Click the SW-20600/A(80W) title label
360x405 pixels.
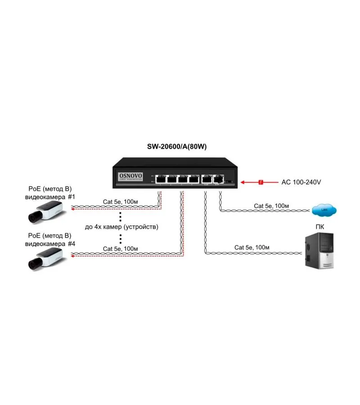point(180,147)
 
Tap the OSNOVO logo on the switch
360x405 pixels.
point(130,176)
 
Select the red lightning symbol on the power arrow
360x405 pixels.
point(260,182)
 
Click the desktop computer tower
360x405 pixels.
point(319,250)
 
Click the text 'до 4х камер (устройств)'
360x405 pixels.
point(121,227)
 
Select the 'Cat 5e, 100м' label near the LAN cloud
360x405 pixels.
point(271,206)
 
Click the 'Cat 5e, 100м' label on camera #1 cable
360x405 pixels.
point(120,202)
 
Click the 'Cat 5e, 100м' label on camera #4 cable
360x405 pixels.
point(120,248)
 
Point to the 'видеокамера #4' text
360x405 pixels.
point(49,243)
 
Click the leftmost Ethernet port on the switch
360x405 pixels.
point(160,178)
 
